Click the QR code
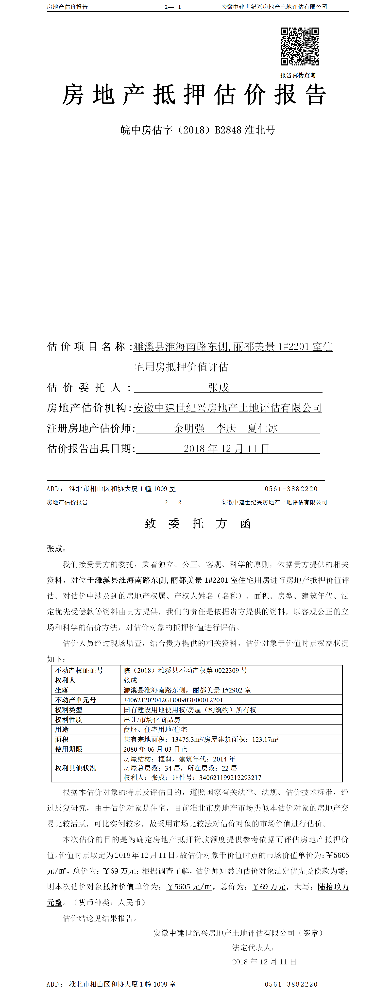(299, 46)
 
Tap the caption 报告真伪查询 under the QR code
(298, 75)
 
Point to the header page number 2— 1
(172, 7)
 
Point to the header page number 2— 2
(172, 502)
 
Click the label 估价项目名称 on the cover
(86, 347)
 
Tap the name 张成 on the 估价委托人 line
(219, 387)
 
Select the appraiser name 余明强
(189, 428)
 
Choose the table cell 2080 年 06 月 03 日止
(155, 749)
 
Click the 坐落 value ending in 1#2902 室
(187, 690)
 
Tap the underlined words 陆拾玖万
(333, 887)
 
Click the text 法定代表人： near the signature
(253, 947)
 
